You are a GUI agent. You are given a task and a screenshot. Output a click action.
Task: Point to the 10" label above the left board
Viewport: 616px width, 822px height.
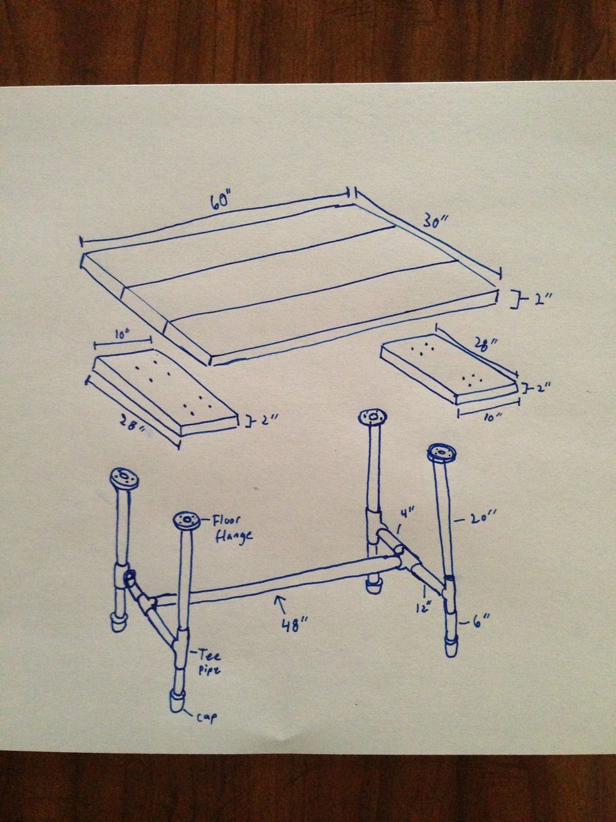116,336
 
